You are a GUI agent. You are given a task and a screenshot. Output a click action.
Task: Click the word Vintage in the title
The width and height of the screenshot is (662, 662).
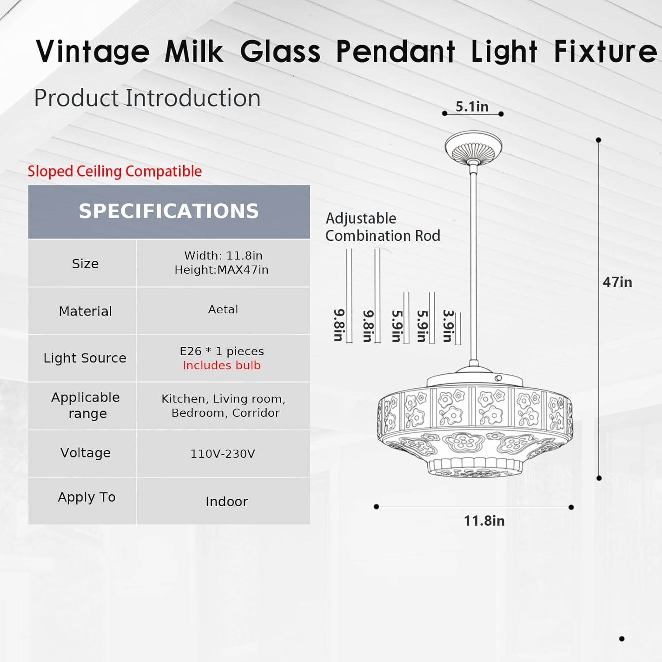click(93, 52)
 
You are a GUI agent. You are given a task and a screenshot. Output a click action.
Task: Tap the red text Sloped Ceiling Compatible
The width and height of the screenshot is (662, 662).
click(115, 171)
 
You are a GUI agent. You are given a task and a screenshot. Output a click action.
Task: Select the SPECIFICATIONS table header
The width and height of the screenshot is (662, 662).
click(169, 211)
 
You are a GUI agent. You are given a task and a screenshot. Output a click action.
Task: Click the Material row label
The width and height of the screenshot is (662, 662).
click(85, 311)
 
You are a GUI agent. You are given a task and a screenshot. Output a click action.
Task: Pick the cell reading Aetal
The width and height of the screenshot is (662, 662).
click(223, 309)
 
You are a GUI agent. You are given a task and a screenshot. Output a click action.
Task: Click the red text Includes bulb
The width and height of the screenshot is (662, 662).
click(222, 365)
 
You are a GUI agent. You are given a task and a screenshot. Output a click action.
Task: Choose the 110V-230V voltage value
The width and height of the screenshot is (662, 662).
click(222, 454)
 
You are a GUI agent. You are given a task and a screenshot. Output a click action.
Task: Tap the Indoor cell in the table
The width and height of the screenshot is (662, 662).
click(226, 501)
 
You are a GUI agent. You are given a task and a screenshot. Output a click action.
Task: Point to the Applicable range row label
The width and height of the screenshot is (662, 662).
click(86, 405)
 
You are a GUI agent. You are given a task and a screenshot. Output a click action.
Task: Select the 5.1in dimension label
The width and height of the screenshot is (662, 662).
click(472, 106)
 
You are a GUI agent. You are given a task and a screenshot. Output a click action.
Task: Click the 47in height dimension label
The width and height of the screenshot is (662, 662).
click(617, 282)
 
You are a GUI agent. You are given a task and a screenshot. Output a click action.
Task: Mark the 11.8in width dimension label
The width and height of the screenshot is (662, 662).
click(484, 521)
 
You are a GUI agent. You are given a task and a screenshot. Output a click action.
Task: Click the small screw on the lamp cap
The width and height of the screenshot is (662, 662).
click(498, 378)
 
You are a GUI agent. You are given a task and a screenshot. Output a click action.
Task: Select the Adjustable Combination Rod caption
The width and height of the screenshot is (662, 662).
click(382, 227)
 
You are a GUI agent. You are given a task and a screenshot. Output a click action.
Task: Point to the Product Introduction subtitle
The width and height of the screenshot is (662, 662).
click(147, 98)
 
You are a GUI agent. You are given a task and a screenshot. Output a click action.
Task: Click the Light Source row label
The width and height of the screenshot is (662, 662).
click(85, 358)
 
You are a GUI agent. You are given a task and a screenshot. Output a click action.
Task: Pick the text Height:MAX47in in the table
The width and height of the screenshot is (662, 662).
click(221, 270)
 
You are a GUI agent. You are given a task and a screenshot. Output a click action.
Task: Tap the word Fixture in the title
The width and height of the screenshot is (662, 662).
click(606, 52)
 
